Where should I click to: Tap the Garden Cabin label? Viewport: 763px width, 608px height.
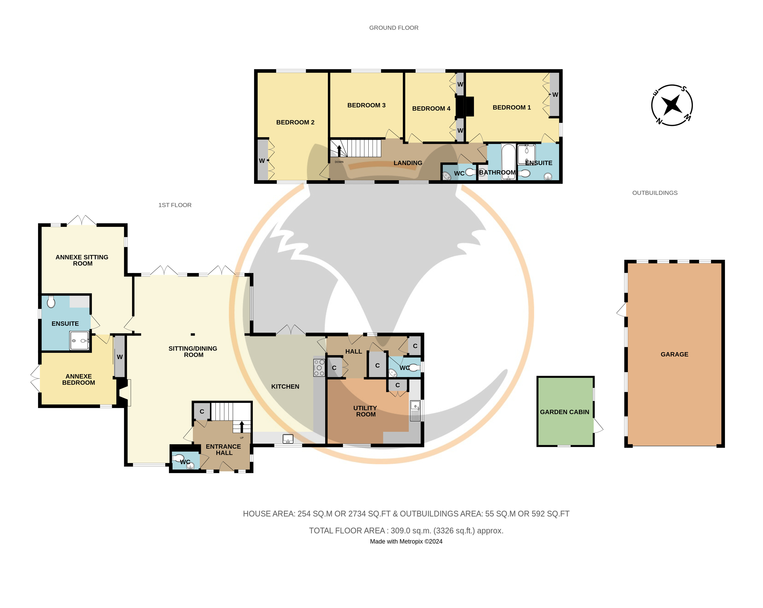pyautogui.click(x=564, y=412)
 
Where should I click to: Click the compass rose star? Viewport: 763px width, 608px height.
pyautogui.click(x=672, y=105)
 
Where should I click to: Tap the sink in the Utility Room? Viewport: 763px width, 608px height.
pyautogui.click(x=415, y=411)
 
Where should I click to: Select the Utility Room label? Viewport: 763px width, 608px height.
pyautogui.click(x=365, y=411)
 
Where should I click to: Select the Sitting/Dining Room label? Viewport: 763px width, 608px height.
pyautogui.click(x=193, y=352)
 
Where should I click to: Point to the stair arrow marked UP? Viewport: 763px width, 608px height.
pyautogui.click(x=242, y=427)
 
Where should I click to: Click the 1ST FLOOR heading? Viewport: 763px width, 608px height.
pyautogui.click(x=175, y=205)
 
